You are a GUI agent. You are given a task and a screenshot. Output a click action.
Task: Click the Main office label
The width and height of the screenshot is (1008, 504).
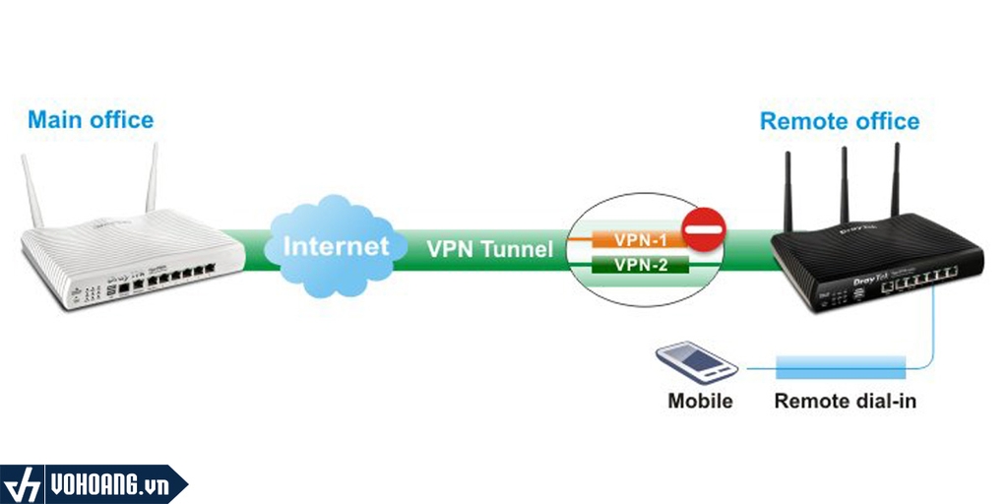tap(91, 120)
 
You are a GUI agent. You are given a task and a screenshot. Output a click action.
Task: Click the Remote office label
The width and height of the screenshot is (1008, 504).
tap(840, 121)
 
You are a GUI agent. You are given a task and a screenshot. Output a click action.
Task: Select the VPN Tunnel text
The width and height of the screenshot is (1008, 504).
tap(489, 249)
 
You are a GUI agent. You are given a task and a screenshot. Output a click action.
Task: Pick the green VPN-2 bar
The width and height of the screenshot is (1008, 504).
tap(640, 264)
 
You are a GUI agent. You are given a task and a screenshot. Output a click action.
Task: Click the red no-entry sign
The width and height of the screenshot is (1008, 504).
tap(703, 228)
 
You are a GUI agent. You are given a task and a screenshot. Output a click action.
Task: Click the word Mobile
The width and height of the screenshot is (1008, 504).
tap(700, 402)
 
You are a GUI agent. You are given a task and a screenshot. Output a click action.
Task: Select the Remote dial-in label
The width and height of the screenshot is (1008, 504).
tap(846, 402)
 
